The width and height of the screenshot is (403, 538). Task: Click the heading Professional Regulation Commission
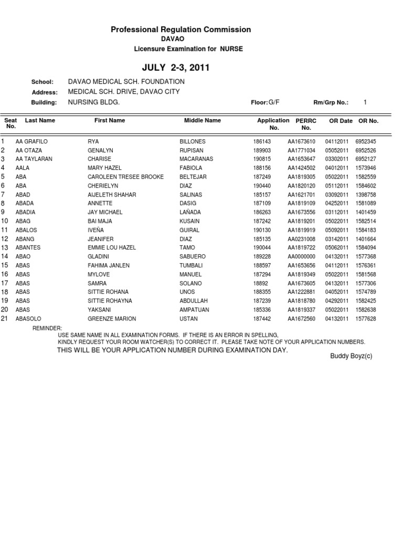pyautogui.click(x=181, y=30)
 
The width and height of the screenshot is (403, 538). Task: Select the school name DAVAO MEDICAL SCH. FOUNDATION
pyautogui.click(x=126, y=82)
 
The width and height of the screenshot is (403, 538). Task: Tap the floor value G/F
pyautogui.click(x=274, y=102)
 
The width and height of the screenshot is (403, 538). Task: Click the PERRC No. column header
pyautogui.click(x=306, y=124)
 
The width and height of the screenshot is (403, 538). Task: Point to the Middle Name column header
pyautogui.click(x=203, y=121)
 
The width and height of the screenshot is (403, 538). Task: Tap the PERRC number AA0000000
pyautogui.click(x=301, y=256)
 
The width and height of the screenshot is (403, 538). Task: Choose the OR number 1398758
pyautogui.click(x=366, y=195)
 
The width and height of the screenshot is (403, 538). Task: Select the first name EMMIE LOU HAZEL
pyautogui.click(x=112, y=247)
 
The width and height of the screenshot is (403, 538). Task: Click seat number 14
pyautogui.click(x=4, y=256)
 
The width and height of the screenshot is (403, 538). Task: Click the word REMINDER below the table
pyautogui.click(x=47, y=328)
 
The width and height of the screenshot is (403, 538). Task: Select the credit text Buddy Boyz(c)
pyautogui.click(x=351, y=356)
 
